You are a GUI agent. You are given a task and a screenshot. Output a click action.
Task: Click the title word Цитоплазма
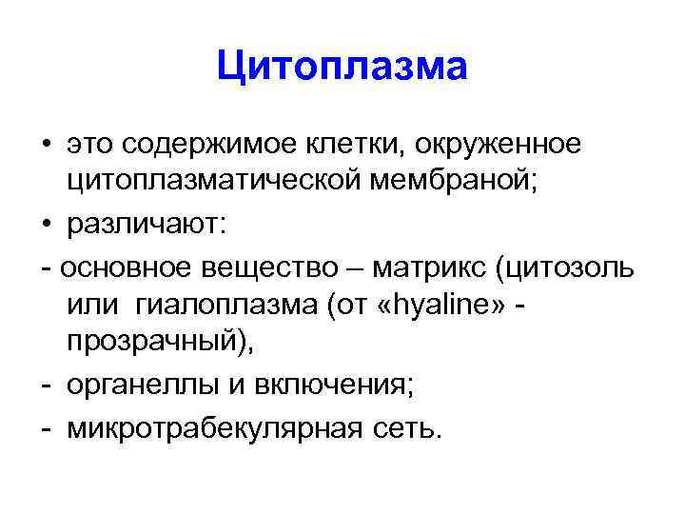(x=342, y=68)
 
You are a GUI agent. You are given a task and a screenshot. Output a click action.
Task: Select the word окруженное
(x=498, y=148)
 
